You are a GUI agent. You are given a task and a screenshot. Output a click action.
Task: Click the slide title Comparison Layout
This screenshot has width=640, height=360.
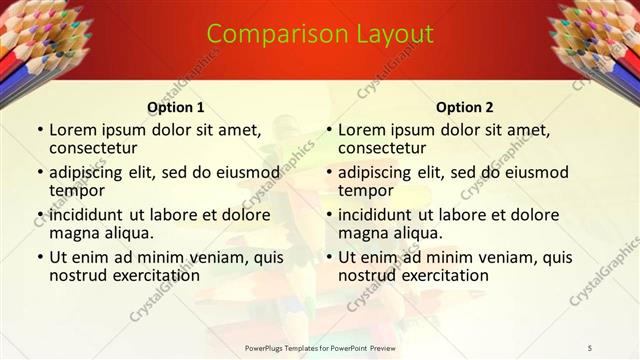point(320,34)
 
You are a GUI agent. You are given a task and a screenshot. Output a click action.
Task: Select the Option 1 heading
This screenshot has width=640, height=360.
point(175,107)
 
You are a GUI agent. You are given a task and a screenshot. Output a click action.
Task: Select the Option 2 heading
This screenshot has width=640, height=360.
point(464,107)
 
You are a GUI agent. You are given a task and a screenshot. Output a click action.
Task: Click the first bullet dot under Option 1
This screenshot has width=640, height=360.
point(39,130)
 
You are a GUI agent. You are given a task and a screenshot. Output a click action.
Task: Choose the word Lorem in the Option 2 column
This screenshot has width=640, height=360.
point(362,130)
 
